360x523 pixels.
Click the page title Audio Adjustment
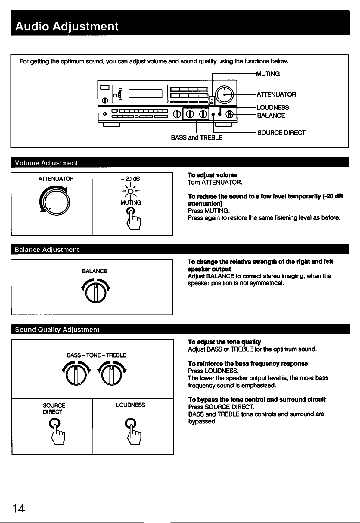tap(67, 26)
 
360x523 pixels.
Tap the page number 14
tap(19, 508)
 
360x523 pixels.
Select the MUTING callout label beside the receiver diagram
tap(268, 74)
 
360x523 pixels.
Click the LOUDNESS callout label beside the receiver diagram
tap(273, 107)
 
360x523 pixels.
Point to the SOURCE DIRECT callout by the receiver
tap(281, 133)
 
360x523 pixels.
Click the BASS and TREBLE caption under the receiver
tap(197, 138)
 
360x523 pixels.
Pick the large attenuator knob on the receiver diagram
tap(225, 94)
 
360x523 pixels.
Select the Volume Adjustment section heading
tap(46, 163)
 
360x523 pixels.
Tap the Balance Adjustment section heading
tap(47, 249)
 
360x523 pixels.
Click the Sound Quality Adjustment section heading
tap(57, 329)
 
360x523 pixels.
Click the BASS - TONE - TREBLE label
tap(96, 355)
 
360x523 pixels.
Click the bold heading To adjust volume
tap(213, 175)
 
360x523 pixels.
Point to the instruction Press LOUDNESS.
tap(213, 371)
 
